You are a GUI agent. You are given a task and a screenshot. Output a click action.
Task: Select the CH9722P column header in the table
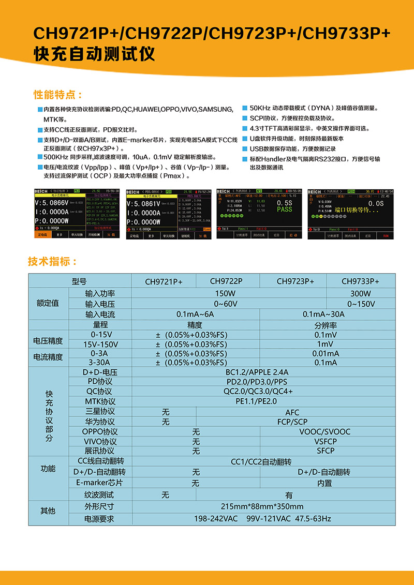click(226, 281)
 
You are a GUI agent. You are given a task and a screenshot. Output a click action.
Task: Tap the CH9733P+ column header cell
click(360, 281)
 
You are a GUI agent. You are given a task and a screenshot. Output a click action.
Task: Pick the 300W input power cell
click(360, 293)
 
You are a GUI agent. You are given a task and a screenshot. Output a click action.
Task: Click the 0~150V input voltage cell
click(360, 304)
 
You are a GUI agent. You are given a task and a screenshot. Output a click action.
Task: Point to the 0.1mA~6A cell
click(195, 314)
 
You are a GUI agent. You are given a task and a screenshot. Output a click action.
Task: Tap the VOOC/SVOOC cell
click(324, 431)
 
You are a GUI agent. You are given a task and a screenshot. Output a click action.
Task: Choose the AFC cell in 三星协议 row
click(292, 412)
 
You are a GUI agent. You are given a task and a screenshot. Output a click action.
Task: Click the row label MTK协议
click(100, 401)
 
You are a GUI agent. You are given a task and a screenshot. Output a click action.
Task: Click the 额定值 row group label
click(48, 303)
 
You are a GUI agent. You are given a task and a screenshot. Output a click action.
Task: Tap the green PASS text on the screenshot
click(284, 209)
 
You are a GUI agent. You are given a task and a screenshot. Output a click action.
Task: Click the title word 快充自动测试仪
click(94, 55)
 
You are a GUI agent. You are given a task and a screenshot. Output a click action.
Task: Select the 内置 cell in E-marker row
click(324, 483)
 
